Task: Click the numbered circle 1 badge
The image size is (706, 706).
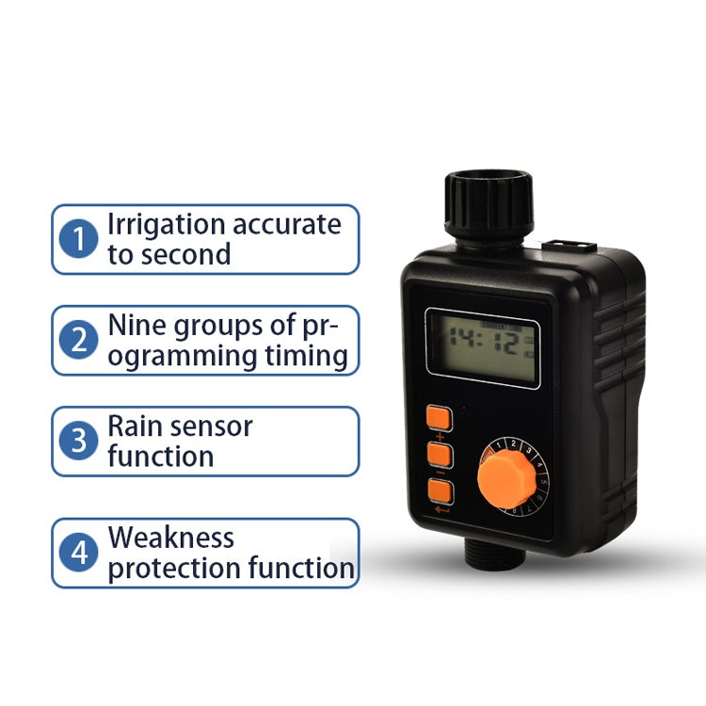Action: tap(79, 239)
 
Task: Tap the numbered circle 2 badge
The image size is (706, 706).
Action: tap(79, 340)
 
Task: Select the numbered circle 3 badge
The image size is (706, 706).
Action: tap(79, 441)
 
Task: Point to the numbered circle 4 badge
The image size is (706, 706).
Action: tap(79, 553)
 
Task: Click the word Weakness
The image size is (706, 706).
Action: tap(171, 538)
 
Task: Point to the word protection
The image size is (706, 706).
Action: tap(175, 569)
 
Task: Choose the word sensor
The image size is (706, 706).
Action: tap(213, 426)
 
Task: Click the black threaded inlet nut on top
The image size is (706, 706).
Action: tap(488, 204)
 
